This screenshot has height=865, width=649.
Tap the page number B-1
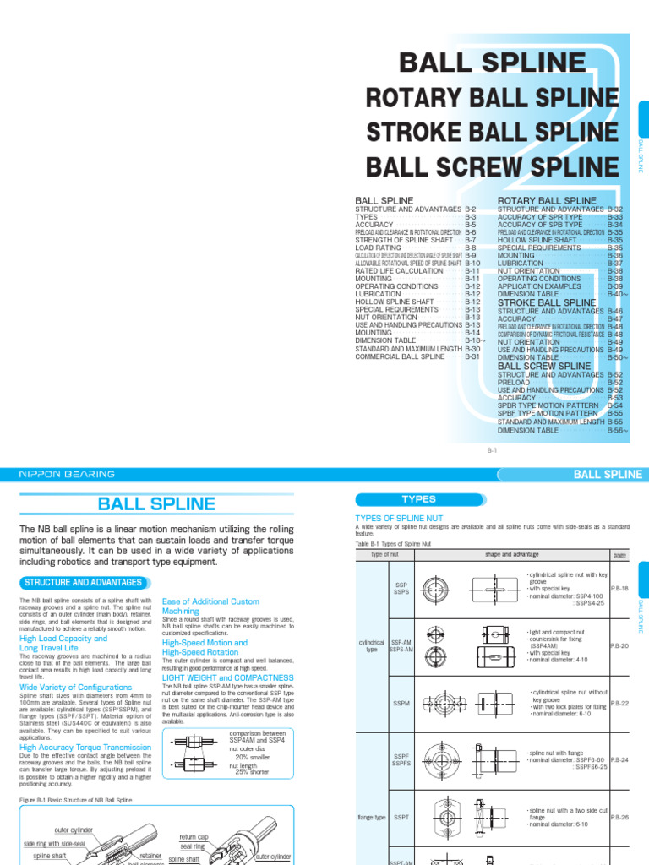pos(491,452)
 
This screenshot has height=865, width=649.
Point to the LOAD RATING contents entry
pos(383,248)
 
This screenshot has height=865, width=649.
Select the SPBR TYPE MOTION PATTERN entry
pos(548,405)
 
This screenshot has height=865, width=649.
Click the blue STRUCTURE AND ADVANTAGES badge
pos(83,582)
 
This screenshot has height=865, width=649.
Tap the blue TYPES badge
pos(418,499)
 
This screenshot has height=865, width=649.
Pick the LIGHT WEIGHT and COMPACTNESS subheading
pos(228,677)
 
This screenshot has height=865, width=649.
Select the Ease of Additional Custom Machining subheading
pos(210,606)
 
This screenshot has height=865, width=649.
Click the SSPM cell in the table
pos(401,703)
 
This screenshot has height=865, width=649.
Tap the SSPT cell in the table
pos(401,817)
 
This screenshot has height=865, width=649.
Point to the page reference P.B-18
pos(619,590)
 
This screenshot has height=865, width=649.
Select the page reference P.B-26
pos(619,817)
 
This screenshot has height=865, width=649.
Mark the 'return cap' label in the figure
pos(194,837)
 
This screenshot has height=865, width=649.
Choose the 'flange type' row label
pos(371,817)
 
